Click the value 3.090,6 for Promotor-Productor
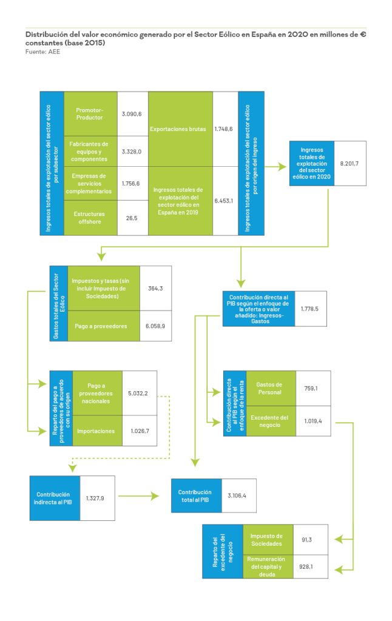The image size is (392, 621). point(131,113)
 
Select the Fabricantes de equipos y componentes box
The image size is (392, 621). point(89,151)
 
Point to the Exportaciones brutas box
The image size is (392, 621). point(180,129)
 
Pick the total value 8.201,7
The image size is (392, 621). point(350,163)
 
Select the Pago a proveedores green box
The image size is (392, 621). point(103,326)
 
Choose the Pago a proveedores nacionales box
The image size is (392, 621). point(96,393)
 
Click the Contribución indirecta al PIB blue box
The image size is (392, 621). point(55,498)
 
